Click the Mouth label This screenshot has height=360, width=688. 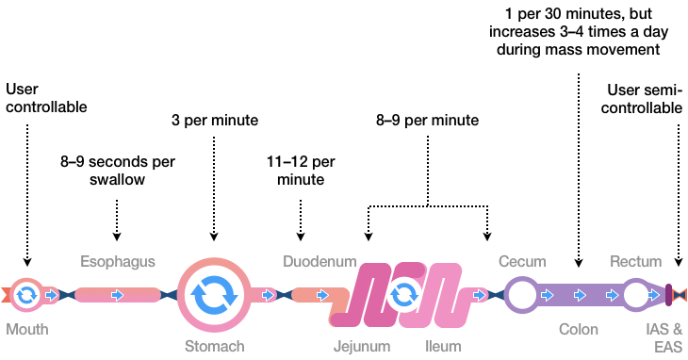coord(26,330)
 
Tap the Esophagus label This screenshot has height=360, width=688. coord(117,261)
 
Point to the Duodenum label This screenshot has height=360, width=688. coord(319,261)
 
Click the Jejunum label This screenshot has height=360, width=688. coord(361,346)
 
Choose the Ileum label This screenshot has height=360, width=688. coord(442,346)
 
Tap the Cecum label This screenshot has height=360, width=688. coord(521,261)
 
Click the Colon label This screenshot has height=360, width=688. coord(578,330)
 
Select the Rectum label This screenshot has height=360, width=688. coord(636,261)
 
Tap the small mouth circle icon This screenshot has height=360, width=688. coord(26,295)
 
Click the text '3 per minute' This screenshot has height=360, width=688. coord(214,121)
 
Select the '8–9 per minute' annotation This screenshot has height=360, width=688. coord(427,121)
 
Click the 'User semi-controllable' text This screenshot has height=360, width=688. coord(646,98)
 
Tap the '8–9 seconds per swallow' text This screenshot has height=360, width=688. coord(118,170)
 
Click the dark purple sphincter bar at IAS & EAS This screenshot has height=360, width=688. coord(668,295)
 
